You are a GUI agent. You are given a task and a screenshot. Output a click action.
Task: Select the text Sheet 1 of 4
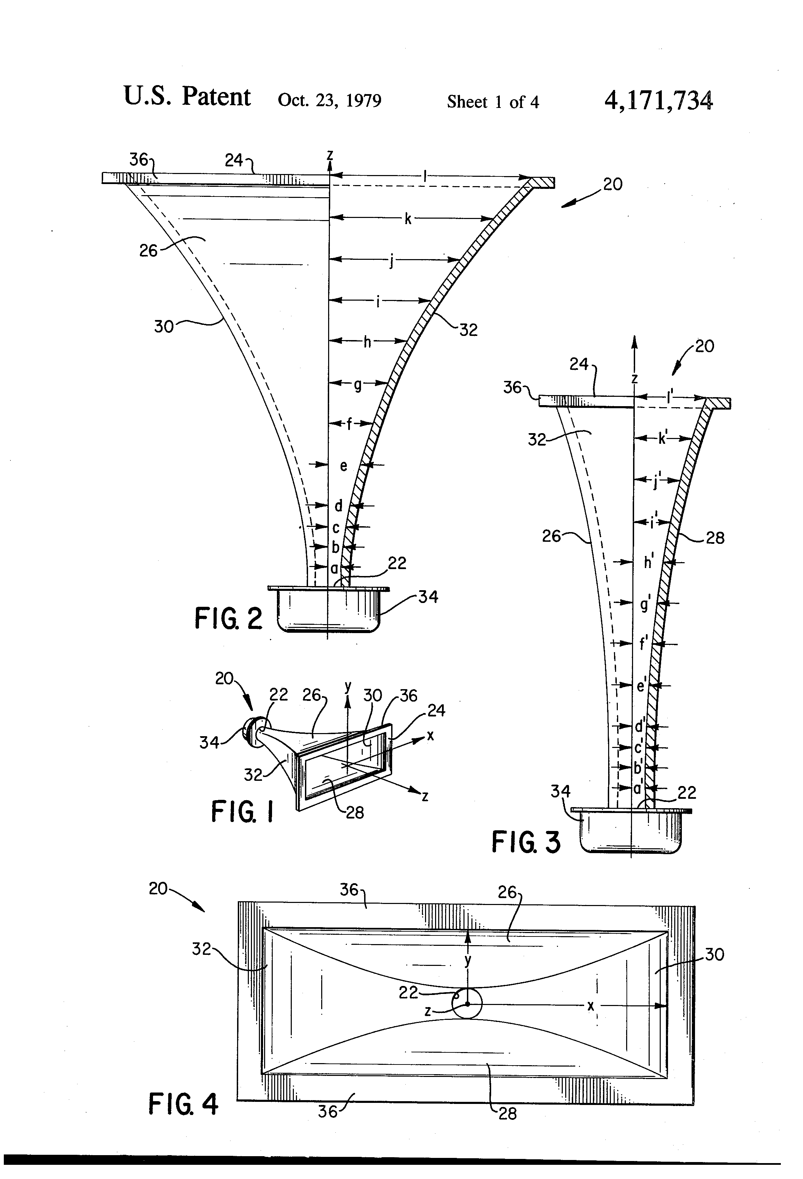[x=493, y=102]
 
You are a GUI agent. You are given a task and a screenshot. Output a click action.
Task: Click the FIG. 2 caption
[x=228, y=619]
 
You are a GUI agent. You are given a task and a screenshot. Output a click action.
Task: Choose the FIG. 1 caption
[x=242, y=810]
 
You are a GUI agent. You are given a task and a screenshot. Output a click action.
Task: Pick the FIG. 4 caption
[x=183, y=1104]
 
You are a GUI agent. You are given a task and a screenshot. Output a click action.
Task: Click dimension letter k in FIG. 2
[x=408, y=219]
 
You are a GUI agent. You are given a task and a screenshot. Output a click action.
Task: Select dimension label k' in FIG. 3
[x=663, y=438]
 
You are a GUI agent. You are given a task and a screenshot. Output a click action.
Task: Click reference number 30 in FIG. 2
[x=163, y=326]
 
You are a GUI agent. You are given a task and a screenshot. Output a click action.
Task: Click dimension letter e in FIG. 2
[x=344, y=466]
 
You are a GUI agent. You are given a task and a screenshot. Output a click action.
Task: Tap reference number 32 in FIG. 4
[x=201, y=949]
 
